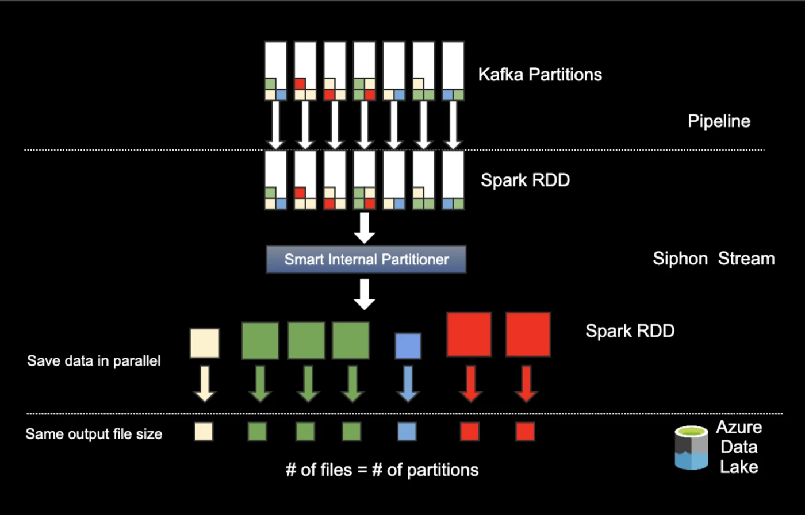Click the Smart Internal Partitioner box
[366, 259]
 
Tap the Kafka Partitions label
[540, 74]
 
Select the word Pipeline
[719, 121]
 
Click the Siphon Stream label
[714, 259]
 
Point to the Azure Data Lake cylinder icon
[691, 448]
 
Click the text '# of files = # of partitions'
[382, 470]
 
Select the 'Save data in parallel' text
[94, 361]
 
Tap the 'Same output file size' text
[94, 433]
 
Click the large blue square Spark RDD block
[408, 346]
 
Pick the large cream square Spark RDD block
[205, 343]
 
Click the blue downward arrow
[408, 383]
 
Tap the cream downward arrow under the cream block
[205, 383]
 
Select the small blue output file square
[407, 432]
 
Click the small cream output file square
[204, 432]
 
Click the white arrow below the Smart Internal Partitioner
[364, 295]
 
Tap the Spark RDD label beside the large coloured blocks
[630, 331]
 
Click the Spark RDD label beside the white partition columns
[525, 180]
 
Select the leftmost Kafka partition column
[275, 71]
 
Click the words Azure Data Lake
[739, 447]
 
